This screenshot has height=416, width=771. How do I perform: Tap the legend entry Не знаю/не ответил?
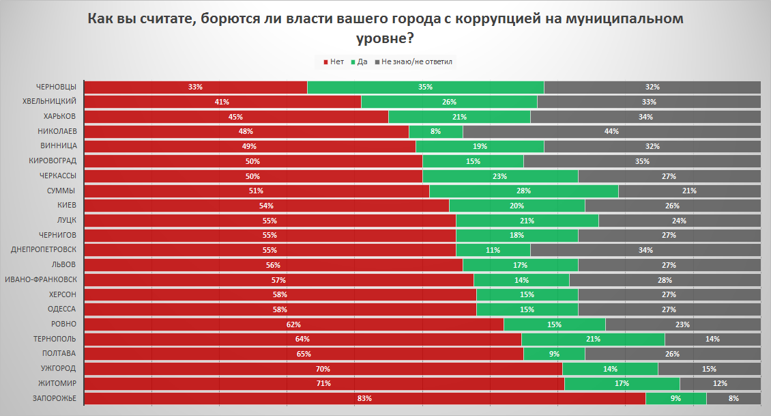click(x=417, y=61)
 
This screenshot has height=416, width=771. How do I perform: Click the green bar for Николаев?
click(x=435, y=131)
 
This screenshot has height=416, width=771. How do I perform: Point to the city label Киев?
click(x=66, y=206)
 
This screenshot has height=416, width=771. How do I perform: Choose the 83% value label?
click(x=364, y=398)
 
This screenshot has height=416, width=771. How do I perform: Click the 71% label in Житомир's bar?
click(x=323, y=383)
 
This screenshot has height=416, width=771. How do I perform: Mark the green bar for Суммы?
click(x=523, y=191)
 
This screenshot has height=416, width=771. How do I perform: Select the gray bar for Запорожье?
click(x=733, y=398)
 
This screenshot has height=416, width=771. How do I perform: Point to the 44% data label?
click(x=611, y=131)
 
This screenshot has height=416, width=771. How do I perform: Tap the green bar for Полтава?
click(x=554, y=354)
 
